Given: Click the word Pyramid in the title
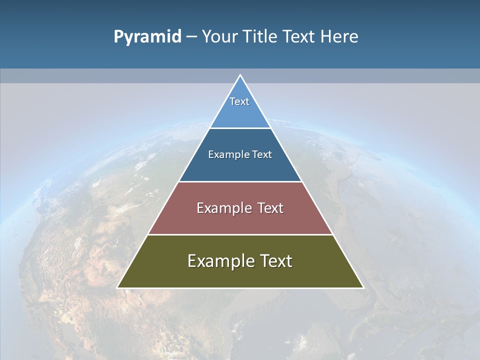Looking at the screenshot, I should pos(147,37).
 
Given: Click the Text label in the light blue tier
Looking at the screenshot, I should pos(239,101).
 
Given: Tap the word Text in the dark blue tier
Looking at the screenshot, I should pos(262,154).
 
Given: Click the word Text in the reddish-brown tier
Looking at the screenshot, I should pos(270,208).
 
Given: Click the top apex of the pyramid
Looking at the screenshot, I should pos(240,76).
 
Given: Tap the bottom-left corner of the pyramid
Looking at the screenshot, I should pos(118,287).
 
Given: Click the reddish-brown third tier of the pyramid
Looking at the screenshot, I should pos(240,223).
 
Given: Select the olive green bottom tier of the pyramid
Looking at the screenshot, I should pos(240,277).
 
